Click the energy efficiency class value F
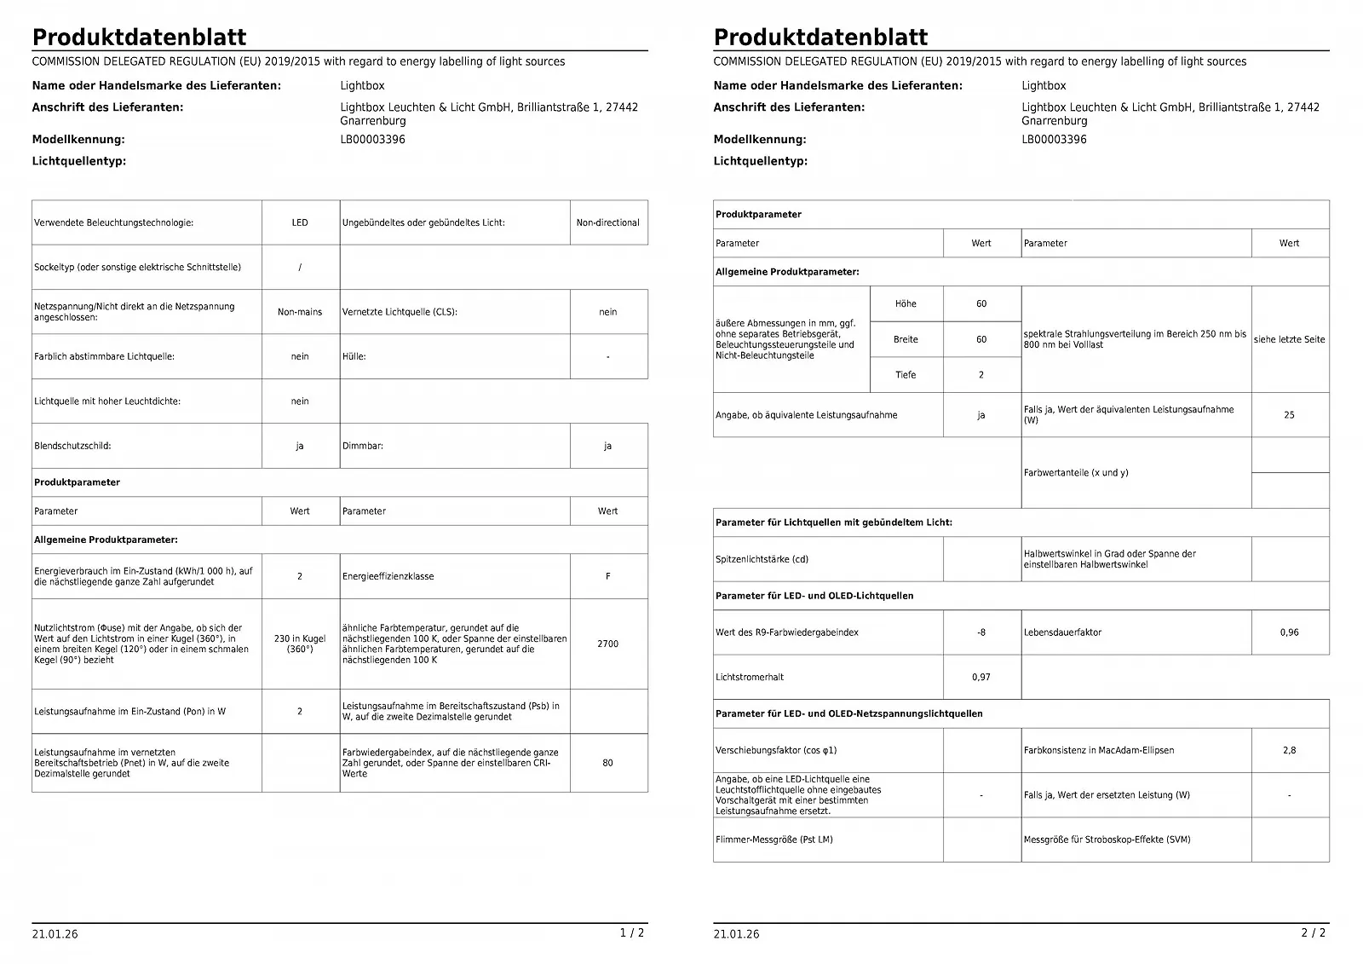607,576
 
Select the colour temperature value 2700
607,644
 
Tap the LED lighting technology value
300,222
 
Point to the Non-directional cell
607,222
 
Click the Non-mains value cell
300,312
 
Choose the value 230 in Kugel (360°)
300,644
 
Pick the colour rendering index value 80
607,763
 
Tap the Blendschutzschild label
72,446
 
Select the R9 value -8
981,632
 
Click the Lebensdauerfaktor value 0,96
1289,632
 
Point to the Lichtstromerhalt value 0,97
981,677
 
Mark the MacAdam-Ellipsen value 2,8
1289,750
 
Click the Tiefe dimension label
906,375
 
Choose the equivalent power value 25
1289,415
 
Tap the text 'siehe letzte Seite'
1289,339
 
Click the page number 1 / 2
632,932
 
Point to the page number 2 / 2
1314,932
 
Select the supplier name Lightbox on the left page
362,85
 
